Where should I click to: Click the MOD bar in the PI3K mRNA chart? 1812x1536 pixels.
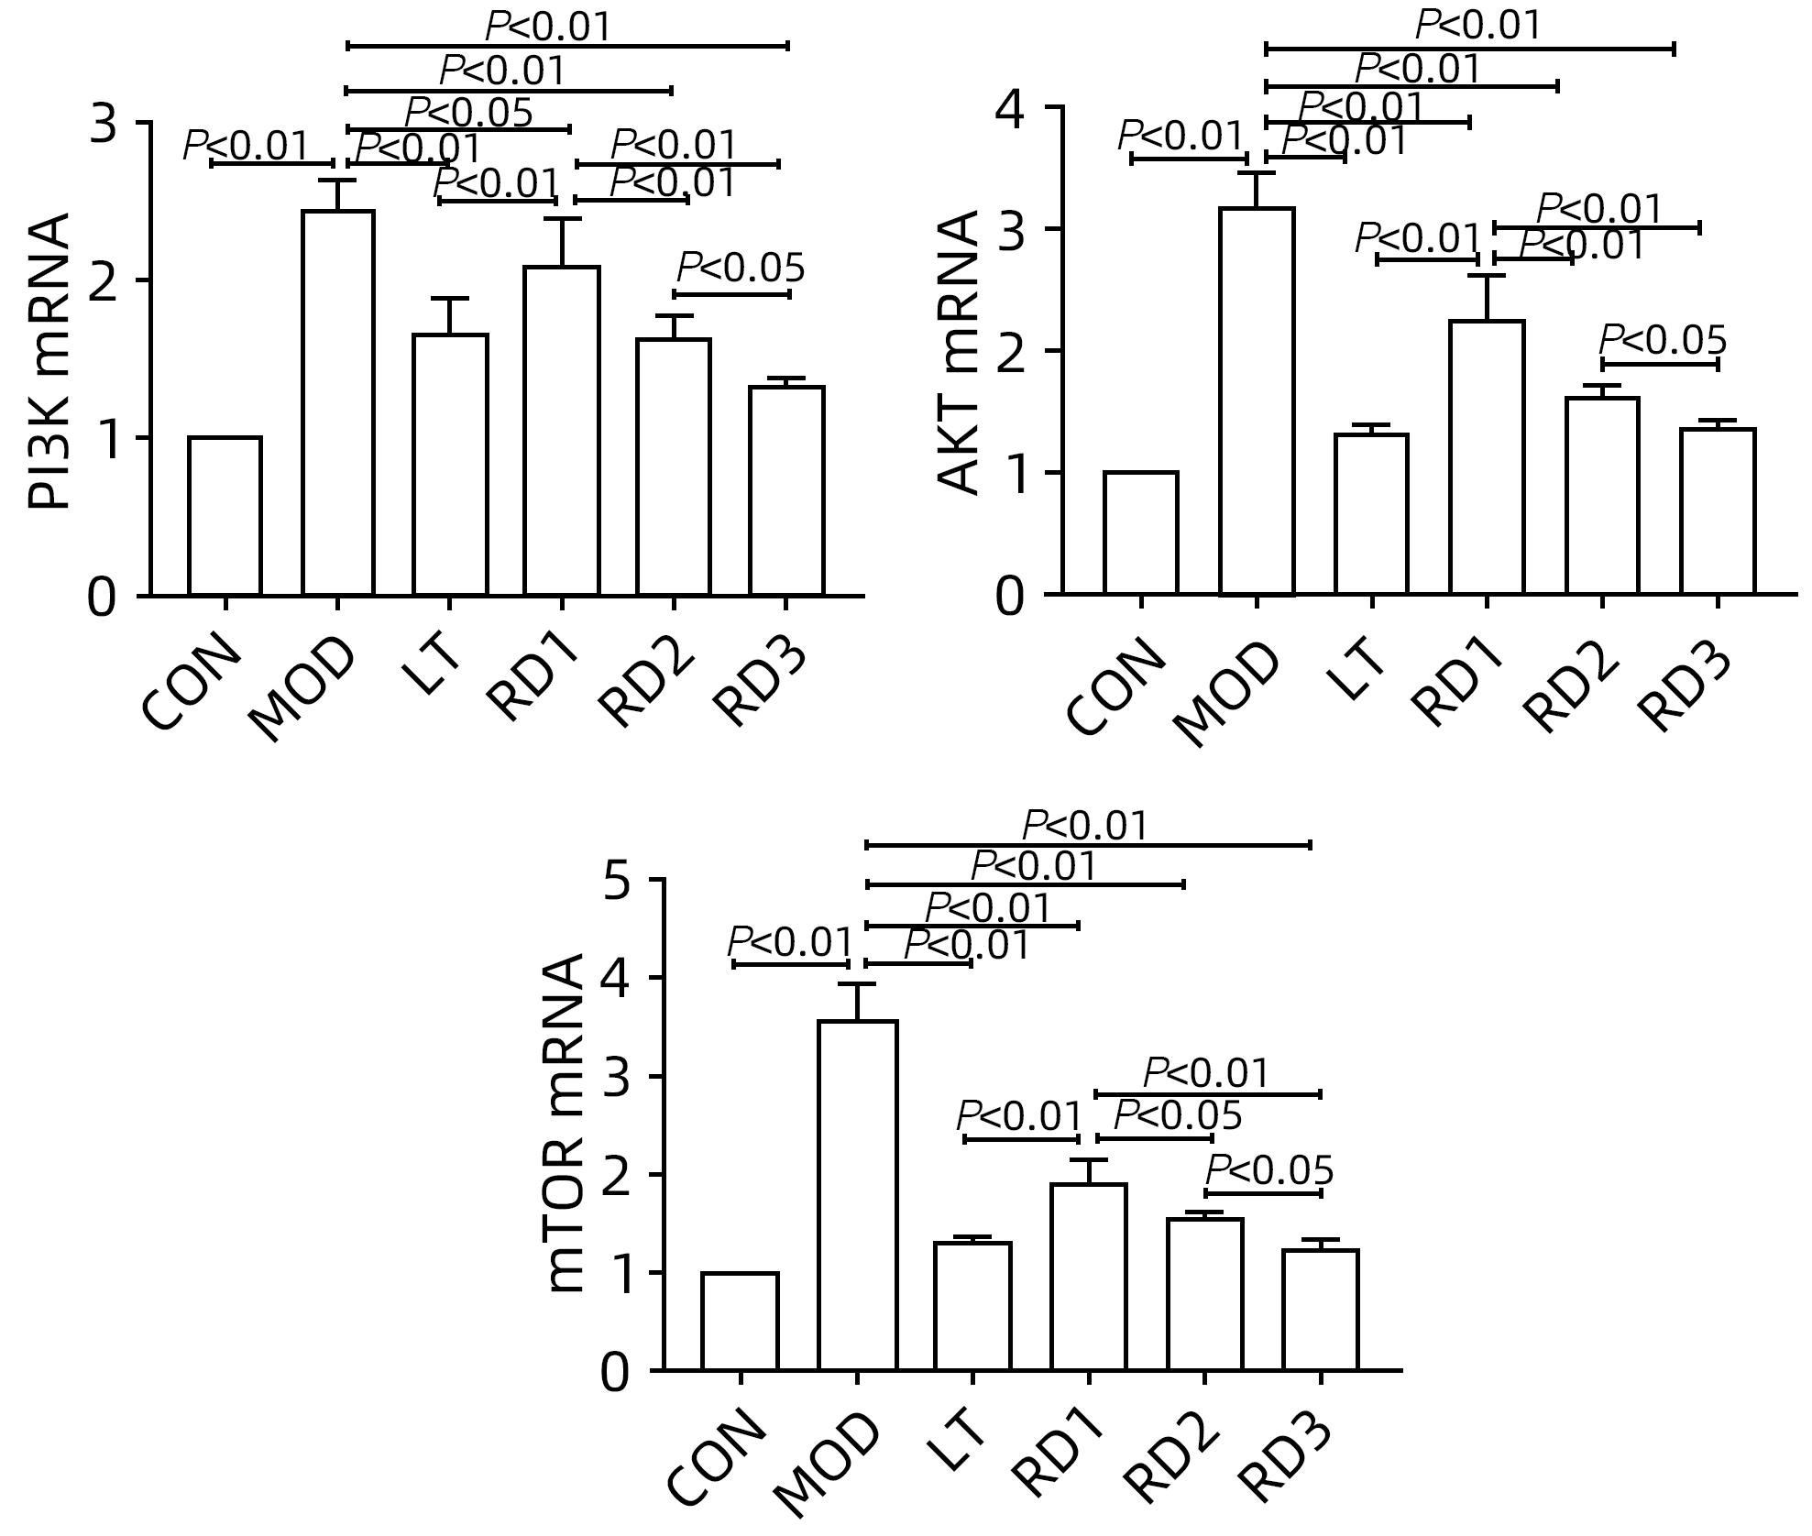(338, 403)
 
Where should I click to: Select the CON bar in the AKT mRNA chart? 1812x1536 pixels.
(1141, 533)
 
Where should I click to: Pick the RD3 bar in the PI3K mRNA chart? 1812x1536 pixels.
(786, 491)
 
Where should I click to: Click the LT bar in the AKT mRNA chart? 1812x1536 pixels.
(1371, 514)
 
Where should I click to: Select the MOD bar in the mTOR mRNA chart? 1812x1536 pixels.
(857, 1195)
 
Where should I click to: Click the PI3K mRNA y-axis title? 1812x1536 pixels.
(48, 361)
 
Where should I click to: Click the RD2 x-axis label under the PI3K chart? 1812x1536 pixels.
(647, 683)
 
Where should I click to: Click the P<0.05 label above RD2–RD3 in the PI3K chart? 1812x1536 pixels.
(741, 269)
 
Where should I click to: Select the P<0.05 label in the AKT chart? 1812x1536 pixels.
(1663, 341)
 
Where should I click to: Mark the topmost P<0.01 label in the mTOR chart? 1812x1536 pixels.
(1085, 826)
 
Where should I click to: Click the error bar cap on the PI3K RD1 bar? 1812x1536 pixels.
(561, 219)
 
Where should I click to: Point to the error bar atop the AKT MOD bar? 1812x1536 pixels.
(1257, 188)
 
